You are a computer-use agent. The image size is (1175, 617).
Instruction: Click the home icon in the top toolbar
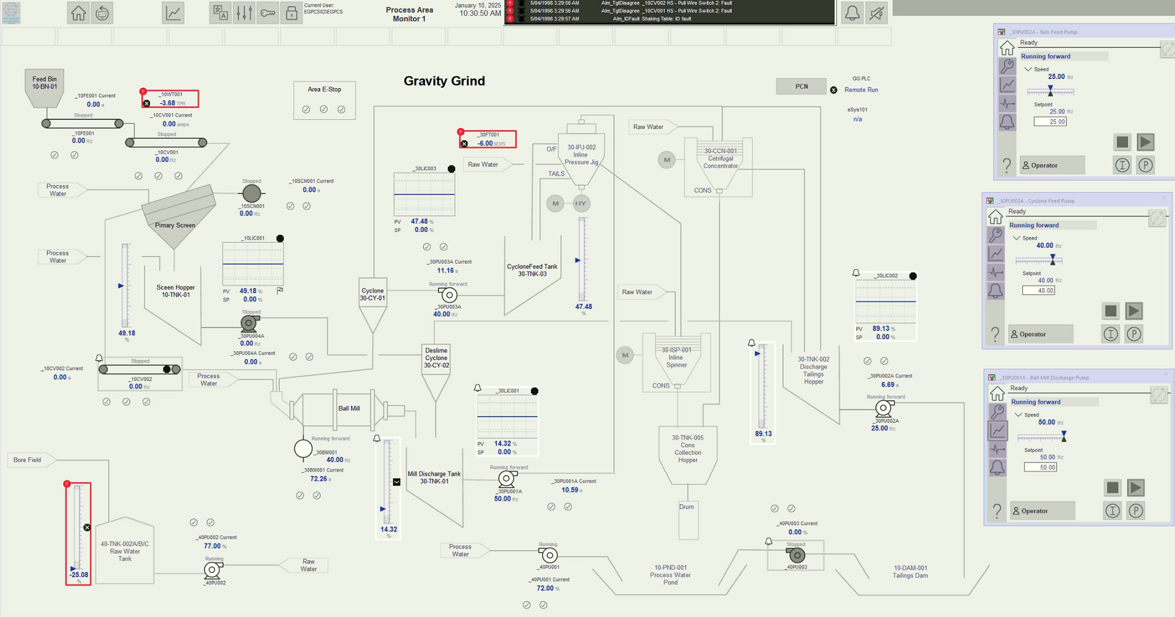click(x=78, y=13)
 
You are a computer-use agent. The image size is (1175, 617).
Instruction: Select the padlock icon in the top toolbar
click(x=291, y=13)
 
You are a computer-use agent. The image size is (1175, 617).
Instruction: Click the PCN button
click(x=801, y=86)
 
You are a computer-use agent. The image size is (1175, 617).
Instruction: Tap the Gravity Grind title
click(x=444, y=81)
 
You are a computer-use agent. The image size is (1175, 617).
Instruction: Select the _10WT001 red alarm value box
click(x=171, y=99)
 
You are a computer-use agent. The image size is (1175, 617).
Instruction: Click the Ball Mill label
click(x=349, y=408)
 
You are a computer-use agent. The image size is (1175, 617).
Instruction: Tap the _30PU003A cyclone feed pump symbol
click(x=449, y=295)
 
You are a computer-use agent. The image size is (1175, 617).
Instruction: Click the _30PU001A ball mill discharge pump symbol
click(x=506, y=479)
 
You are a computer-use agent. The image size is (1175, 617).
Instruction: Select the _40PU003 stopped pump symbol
click(x=797, y=555)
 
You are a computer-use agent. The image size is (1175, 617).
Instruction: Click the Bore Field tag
click(x=28, y=460)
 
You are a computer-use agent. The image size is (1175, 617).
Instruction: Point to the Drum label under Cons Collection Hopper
click(x=687, y=507)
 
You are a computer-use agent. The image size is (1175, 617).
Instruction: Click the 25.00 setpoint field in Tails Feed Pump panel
click(x=1050, y=122)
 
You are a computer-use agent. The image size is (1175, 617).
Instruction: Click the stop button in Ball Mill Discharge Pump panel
click(x=1112, y=487)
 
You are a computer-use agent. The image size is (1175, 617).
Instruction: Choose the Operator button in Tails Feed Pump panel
click(x=1052, y=165)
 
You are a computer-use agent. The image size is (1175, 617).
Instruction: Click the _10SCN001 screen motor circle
click(x=252, y=194)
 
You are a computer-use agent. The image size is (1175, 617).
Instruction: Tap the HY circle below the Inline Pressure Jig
click(x=581, y=204)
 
